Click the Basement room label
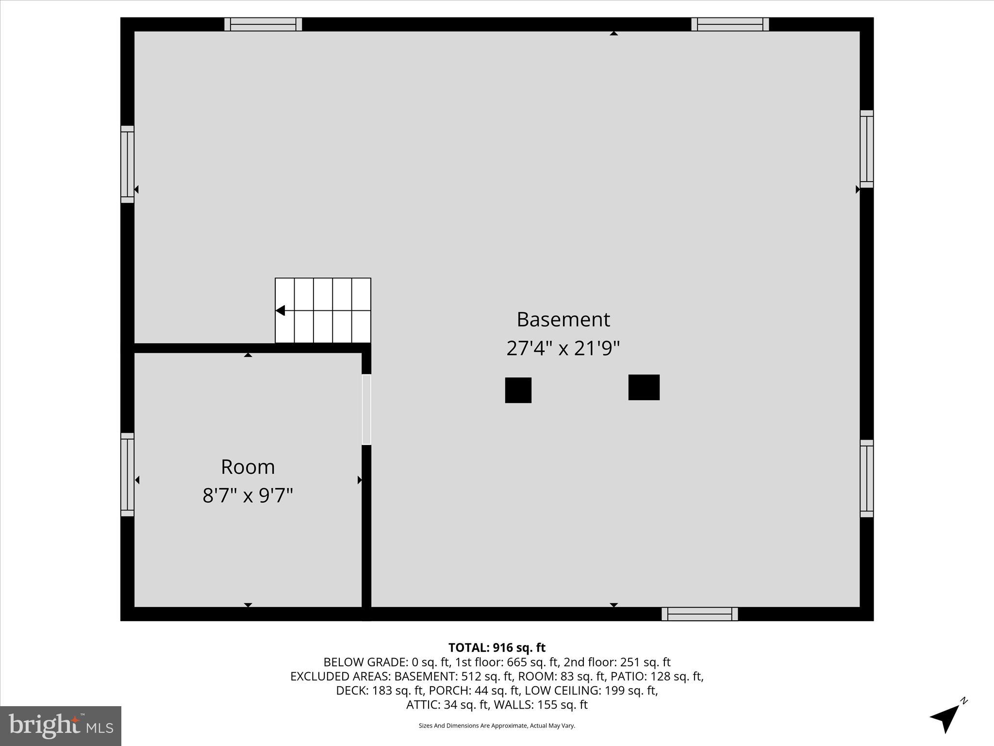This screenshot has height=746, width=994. click(x=563, y=320)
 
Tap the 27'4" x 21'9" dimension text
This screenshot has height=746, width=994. click(x=563, y=348)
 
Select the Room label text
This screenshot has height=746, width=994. click(x=248, y=467)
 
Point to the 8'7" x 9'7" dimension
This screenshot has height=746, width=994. click(x=248, y=496)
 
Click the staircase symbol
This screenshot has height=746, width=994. click(x=323, y=310)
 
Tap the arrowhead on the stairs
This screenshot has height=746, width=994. click(x=281, y=310)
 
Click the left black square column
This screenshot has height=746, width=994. click(x=518, y=390)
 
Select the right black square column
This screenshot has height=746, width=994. click(x=644, y=387)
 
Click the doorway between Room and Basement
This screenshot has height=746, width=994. click(x=366, y=409)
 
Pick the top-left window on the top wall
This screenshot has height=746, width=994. click(x=263, y=24)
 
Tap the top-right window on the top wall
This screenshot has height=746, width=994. click(x=730, y=24)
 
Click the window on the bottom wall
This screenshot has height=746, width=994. click(x=699, y=614)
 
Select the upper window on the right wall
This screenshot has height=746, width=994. click(x=866, y=149)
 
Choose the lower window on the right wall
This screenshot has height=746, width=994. click(x=866, y=478)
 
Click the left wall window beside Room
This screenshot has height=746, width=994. click(x=127, y=475)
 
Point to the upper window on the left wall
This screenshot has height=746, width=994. click(x=127, y=164)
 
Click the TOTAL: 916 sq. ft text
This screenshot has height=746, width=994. click(x=497, y=647)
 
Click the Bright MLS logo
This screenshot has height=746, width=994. click(x=61, y=726)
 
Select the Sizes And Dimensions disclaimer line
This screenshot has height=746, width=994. click(x=497, y=726)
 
